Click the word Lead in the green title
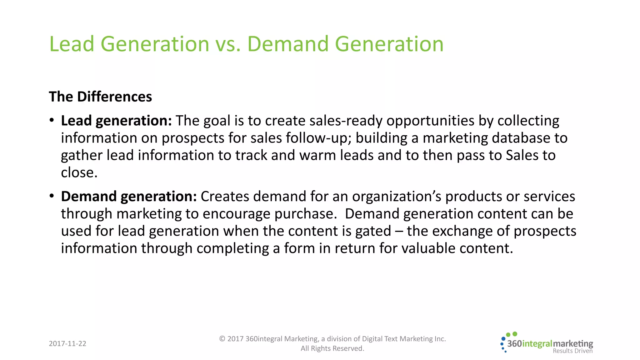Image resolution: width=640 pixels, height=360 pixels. click(x=72, y=44)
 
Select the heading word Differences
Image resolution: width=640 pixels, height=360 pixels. click(x=114, y=97)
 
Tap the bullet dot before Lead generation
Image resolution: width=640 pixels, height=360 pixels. click(x=52, y=121)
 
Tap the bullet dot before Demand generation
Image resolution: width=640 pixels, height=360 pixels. click(x=52, y=196)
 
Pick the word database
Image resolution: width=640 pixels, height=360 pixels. click(x=521, y=138)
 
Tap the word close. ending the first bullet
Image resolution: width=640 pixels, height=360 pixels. click(x=79, y=172)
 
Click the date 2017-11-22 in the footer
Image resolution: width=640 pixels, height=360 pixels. click(x=67, y=344)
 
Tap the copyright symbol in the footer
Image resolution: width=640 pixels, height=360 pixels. click(x=222, y=339)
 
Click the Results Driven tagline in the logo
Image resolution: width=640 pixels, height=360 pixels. click(x=572, y=351)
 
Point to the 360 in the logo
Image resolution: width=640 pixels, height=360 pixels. click(x=514, y=344)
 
